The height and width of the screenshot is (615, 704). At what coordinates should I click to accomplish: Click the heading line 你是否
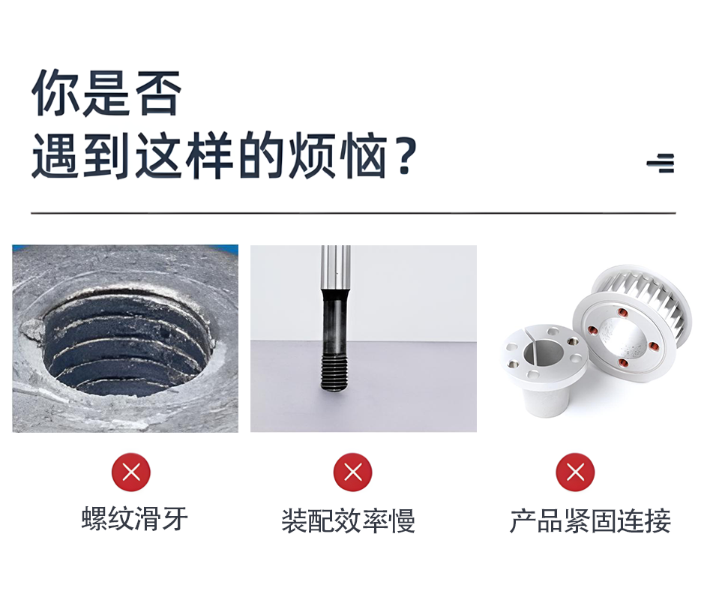point(106,93)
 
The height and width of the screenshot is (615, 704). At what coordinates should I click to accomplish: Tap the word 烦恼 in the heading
point(337,156)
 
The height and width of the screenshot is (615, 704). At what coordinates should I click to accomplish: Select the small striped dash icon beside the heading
point(661,163)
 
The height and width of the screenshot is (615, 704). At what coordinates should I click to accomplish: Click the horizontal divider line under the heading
point(353,213)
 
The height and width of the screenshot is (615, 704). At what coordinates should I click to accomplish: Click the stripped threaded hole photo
point(125,339)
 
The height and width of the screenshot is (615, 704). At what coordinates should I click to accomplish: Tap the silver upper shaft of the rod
point(336,267)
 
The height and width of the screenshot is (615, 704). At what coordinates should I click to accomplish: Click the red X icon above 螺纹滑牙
point(131,472)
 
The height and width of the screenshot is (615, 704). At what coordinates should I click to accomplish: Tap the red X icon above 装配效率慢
point(353,472)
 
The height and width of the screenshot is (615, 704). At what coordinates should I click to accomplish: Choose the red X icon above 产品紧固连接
point(575,472)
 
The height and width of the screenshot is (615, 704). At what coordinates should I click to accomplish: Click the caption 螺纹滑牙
point(135,519)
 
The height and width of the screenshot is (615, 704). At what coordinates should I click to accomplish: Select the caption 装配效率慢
point(349,520)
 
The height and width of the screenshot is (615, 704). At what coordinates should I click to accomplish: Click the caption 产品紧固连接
point(590,520)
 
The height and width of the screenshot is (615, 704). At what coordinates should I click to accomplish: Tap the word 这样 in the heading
point(184,156)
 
